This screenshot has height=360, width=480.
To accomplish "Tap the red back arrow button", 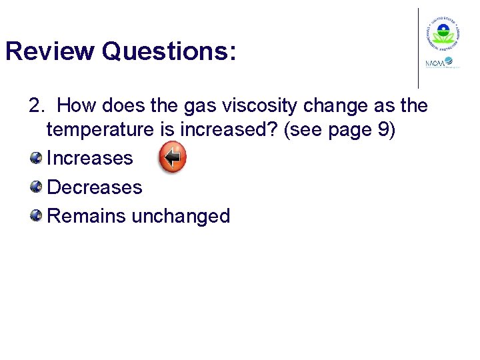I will pyautogui.click(x=173, y=158).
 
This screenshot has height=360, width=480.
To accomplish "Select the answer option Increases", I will pyautogui.click(x=90, y=158).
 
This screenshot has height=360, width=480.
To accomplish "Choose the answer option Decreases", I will pyautogui.click(x=95, y=187).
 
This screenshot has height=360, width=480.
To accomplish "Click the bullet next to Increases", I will pyautogui.click(x=35, y=157).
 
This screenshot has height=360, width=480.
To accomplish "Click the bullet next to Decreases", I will pyautogui.click(x=35, y=187).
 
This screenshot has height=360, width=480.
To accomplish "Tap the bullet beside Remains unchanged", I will pyautogui.click(x=35, y=215).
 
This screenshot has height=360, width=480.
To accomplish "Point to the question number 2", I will pyautogui.click(x=36, y=106).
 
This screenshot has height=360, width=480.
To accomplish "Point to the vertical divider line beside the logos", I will pyautogui.click(x=419, y=48).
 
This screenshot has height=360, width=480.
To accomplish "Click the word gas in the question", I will pyautogui.click(x=184, y=106).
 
